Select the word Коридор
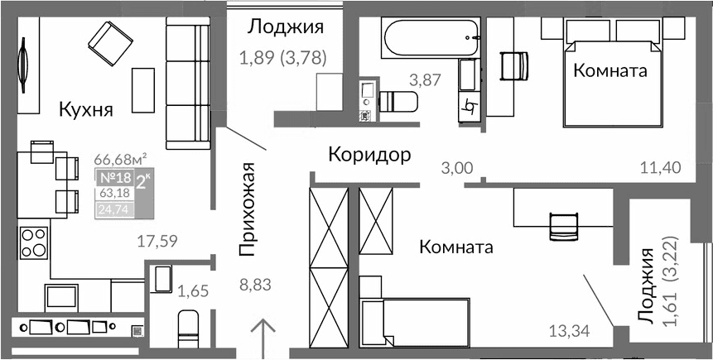369,155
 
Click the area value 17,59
157,241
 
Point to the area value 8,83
255,286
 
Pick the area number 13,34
570,333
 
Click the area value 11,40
660,168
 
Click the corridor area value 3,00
456,168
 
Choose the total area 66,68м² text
120,159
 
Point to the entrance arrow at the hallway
264,338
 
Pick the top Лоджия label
285,27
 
